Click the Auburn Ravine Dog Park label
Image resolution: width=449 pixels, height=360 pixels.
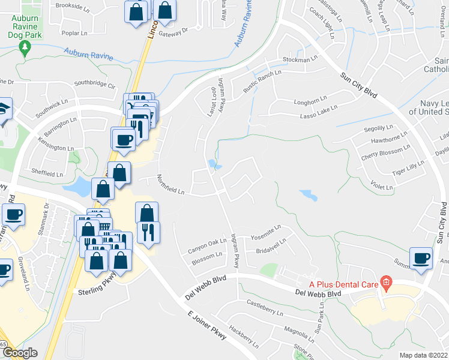click(25, 28)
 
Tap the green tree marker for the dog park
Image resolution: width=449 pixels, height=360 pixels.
click(25, 48)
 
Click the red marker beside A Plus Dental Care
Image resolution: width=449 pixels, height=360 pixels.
click(387, 282)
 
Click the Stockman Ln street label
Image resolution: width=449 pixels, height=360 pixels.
click(300, 60)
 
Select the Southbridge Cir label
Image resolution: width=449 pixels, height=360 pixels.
click(94, 85)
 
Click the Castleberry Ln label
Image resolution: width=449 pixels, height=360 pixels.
click(264, 308)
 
